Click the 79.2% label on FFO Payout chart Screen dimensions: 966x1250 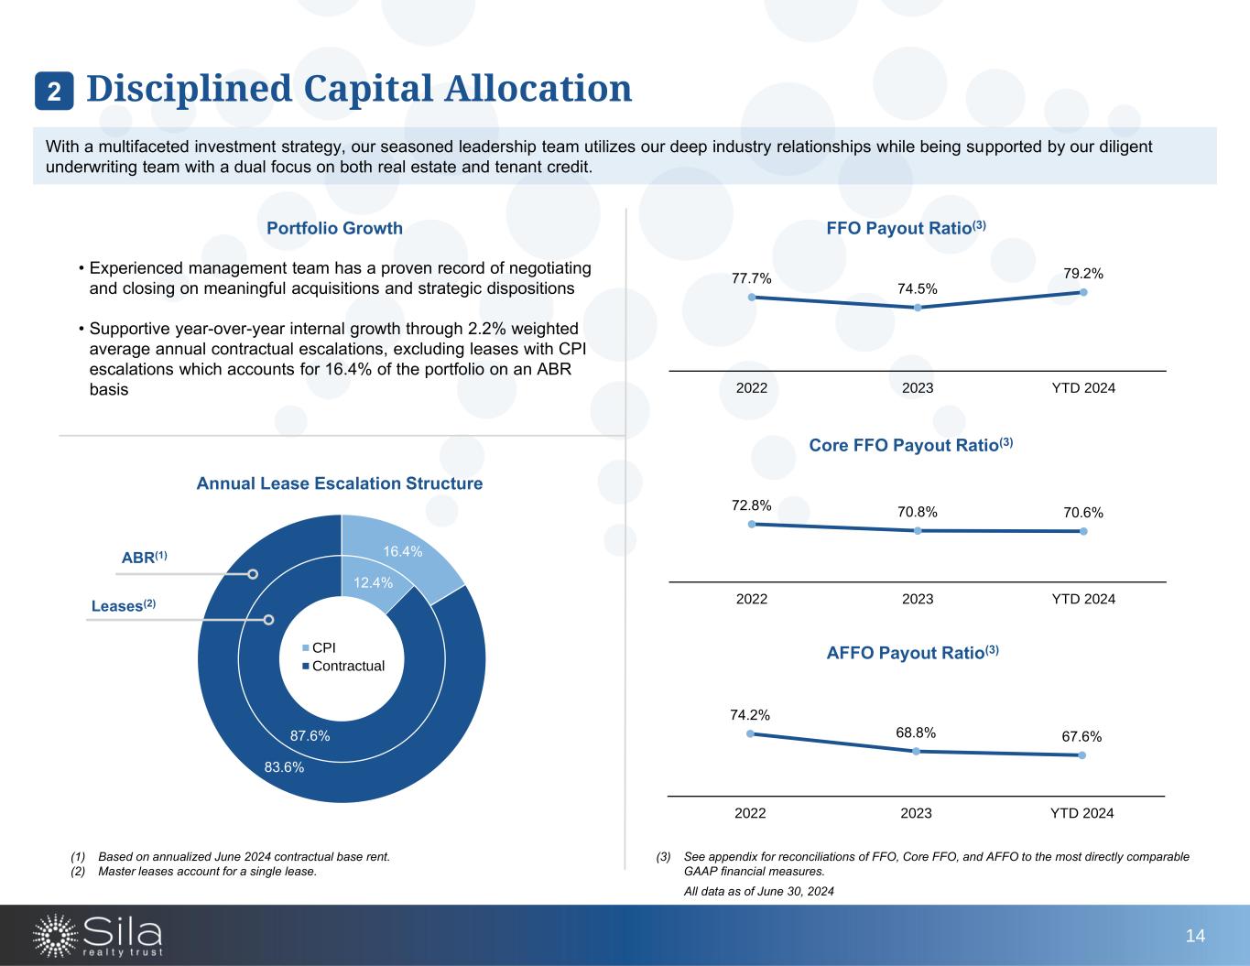pos(1082,273)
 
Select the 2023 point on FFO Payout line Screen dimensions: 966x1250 pos(918,308)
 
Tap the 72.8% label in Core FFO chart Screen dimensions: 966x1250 pos(751,505)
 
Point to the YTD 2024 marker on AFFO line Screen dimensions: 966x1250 pos(1082,755)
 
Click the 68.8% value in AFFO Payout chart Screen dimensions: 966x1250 pos(916,733)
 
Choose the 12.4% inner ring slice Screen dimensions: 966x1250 pos(374,582)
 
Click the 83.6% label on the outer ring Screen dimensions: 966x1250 pos(284,767)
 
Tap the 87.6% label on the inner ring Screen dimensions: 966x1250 pos(310,735)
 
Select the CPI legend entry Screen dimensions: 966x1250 pos(320,647)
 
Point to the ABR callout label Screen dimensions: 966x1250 pos(145,558)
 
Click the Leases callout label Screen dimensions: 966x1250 pos(124,605)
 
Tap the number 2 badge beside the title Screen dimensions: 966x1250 pos(55,91)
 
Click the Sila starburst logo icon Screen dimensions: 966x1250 pos(54,935)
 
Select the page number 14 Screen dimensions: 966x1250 pos(1195,935)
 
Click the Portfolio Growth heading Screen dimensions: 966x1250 pos(334,228)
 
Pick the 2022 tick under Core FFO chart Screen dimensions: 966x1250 pos(752,599)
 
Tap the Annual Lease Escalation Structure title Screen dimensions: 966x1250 pos(340,483)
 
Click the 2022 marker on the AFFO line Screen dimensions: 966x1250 pos(750,733)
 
